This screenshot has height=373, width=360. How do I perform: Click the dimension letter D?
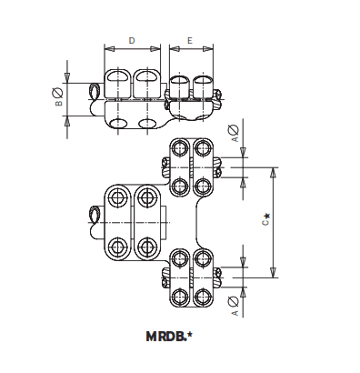coord(133,41)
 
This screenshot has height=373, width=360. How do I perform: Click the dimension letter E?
coord(188,41)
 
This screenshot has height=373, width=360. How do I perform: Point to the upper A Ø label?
coord(235,136)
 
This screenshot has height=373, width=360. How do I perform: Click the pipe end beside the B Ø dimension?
coord(95,91)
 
